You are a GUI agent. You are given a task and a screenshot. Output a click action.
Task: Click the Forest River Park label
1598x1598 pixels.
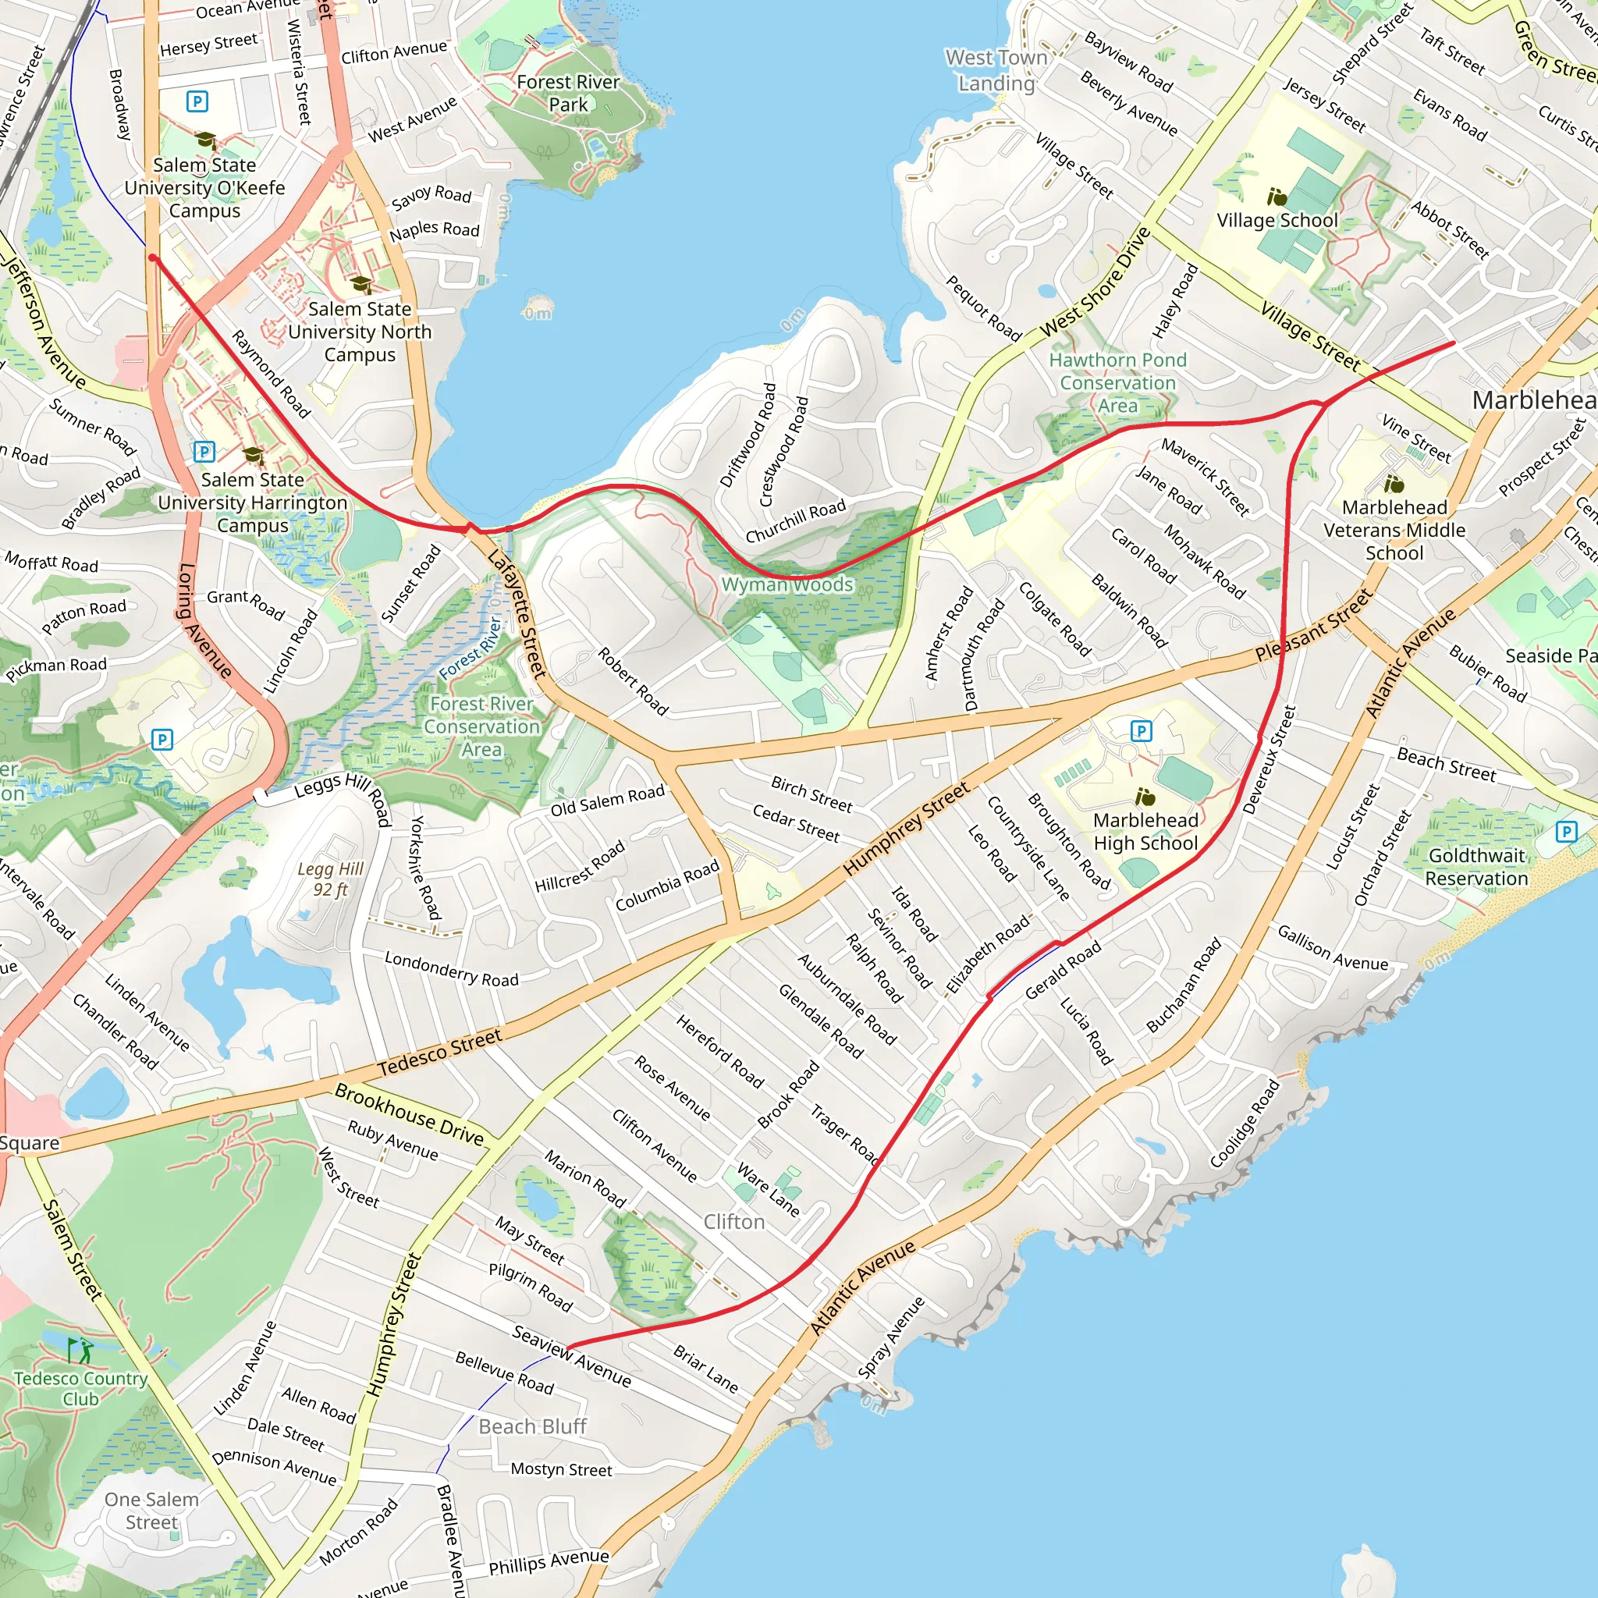pos(567,94)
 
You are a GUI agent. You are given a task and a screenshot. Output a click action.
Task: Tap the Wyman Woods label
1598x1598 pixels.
pos(787,584)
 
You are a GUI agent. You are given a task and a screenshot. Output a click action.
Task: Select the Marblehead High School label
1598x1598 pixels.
pos(1145,832)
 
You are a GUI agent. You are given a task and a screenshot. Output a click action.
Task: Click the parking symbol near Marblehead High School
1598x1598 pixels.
pos(1141,730)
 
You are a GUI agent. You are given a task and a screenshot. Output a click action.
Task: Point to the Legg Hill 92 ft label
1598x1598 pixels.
pos(330,879)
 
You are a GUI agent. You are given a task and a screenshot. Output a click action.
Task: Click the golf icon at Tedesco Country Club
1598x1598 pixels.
pos(80,1351)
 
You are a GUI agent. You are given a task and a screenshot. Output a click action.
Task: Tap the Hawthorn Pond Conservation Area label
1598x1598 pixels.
pos(1117,383)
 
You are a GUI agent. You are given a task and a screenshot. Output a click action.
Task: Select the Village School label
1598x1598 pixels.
pos(1277,221)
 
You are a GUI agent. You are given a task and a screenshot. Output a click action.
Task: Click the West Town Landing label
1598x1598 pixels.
pos(996,70)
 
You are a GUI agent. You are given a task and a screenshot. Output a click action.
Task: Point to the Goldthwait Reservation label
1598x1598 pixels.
pos(1476,867)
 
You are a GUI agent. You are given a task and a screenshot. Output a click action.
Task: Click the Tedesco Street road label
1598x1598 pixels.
pos(440,1052)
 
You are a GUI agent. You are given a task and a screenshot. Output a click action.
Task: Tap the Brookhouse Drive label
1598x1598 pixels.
pos(409,1114)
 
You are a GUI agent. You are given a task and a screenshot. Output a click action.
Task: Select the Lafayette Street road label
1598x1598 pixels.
pos(517,614)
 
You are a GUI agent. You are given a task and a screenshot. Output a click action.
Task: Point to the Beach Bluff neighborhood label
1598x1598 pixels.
pos(533,1427)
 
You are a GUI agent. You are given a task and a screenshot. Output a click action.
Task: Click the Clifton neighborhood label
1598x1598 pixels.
pos(733,1223)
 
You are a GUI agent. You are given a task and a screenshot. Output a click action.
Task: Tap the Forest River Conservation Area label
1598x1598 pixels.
pos(481,726)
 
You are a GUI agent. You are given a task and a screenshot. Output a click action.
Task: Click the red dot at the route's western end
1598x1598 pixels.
pos(152,258)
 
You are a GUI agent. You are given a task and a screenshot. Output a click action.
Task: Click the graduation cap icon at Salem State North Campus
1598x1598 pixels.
pos(361,285)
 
